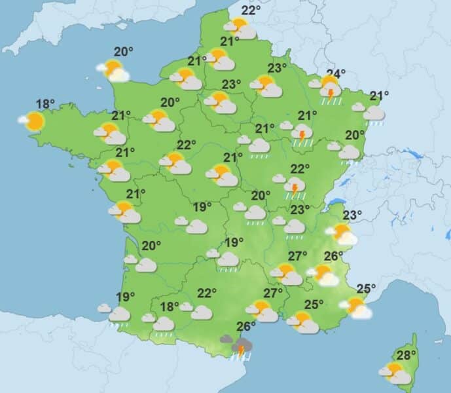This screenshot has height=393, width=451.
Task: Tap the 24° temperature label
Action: click(336, 73)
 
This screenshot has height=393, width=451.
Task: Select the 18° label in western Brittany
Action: click(45, 103)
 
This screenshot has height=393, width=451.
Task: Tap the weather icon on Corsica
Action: click(395, 373)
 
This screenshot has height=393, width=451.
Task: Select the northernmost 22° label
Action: click(249, 10)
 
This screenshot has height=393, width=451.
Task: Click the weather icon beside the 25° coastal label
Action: click(356, 307)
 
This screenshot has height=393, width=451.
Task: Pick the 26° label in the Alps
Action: click(334, 255)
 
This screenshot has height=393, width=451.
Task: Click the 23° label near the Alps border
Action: click(352, 215)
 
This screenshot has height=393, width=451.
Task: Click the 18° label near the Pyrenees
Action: click(170, 307)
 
